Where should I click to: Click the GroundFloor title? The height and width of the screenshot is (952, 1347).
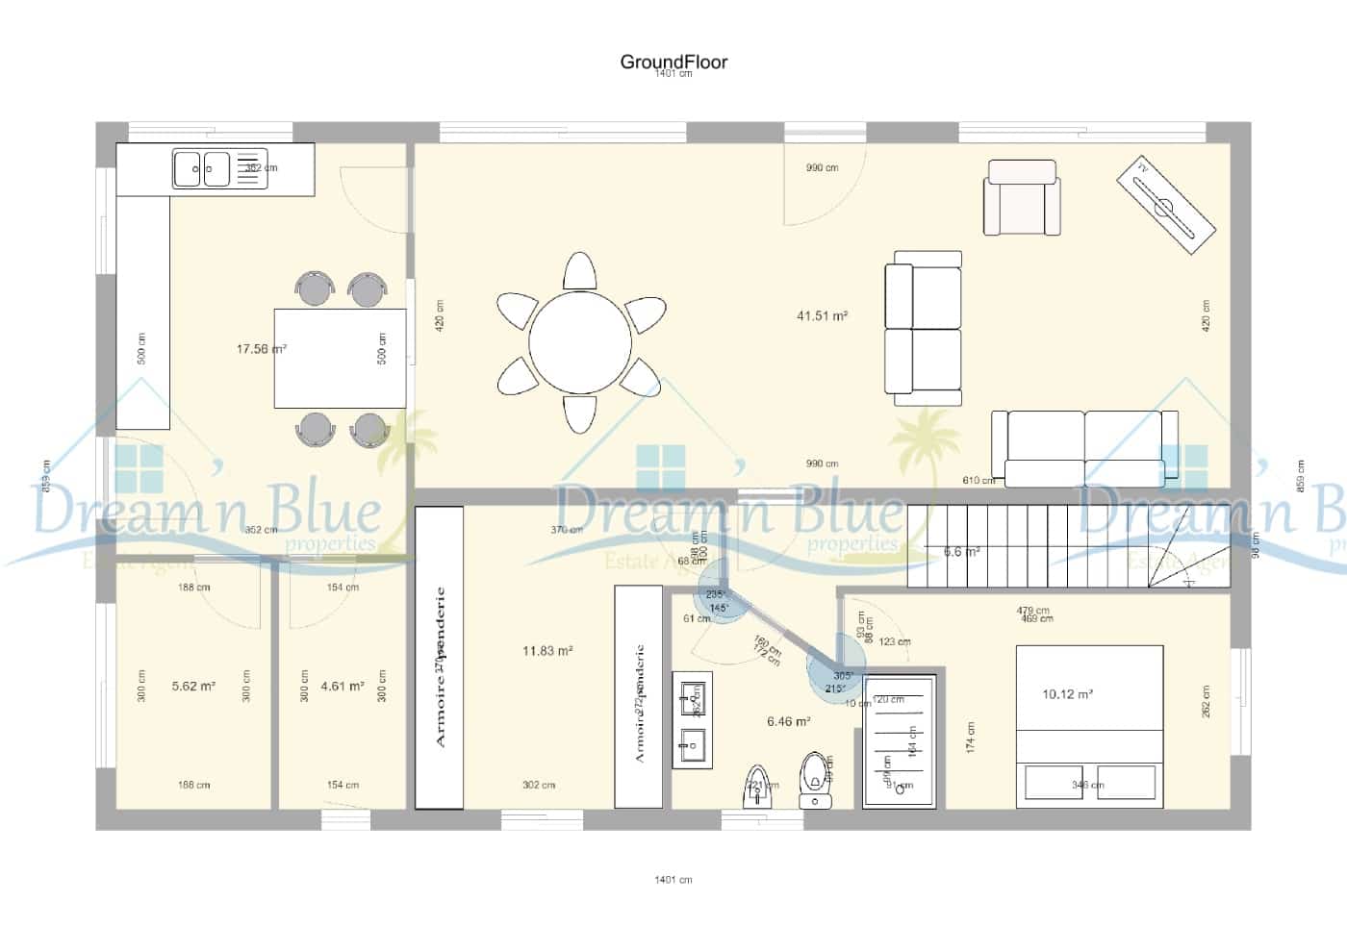pyautogui.click(x=673, y=62)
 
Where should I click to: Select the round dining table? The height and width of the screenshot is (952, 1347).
pyautogui.click(x=580, y=341)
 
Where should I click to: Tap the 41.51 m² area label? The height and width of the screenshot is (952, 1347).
pyautogui.click(x=822, y=315)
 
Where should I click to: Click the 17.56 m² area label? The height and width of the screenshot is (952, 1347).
pyautogui.click(x=261, y=349)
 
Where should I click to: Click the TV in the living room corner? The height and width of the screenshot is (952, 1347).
pyautogui.click(x=1166, y=205)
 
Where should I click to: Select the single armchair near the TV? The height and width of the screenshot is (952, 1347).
pyautogui.click(x=1022, y=198)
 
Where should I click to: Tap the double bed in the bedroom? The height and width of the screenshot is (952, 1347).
pyautogui.click(x=1089, y=726)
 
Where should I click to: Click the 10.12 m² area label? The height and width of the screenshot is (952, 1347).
pyautogui.click(x=1067, y=694)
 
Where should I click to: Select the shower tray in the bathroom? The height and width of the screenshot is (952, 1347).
pyautogui.click(x=899, y=741)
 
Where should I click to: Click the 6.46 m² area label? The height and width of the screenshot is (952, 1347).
pyautogui.click(x=788, y=720)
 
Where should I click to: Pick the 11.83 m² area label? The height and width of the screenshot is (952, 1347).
pyautogui.click(x=547, y=651)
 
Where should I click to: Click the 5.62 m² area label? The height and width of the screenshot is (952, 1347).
pyautogui.click(x=193, y=687)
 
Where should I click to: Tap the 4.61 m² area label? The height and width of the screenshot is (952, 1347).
pyautogui.click(x=343, y=687)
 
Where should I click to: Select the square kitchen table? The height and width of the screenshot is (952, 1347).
pyautogui.click(x=339, y=358)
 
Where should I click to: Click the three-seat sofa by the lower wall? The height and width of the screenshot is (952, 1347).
pyautogui.click(x=1084, y=447)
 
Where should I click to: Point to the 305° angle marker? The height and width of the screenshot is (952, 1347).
pyautogui.click(x=843, y=676)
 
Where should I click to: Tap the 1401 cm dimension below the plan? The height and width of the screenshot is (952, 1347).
pyautogui.click(x=673, y=879)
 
